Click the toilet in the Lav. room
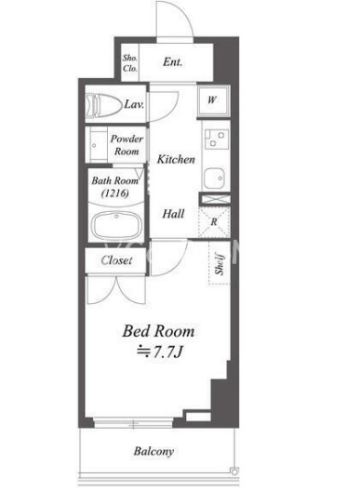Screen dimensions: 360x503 [103, 104]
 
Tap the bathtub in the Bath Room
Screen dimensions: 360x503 [116, 226]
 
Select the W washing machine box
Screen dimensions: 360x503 [213, 100]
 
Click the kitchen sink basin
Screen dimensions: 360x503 [214, 179]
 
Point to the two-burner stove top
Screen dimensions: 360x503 [217, 139]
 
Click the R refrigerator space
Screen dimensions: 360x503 [214, 221]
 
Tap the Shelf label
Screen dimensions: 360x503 [220, 264]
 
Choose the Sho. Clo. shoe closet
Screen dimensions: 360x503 [130, 63]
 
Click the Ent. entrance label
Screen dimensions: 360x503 [173, 61]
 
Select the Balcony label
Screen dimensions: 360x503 [154, 451]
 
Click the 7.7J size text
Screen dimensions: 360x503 [159, 352]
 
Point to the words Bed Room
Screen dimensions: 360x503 [158, 331]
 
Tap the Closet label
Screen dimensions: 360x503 [116, 260]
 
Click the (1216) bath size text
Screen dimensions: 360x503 [115, 193]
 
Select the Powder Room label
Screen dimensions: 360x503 [127, 145]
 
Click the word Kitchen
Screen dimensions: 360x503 [176, 159]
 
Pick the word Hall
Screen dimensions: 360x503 [173, 214]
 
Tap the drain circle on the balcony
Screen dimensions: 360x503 [234, 471]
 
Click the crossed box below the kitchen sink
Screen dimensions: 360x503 [215, 199]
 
